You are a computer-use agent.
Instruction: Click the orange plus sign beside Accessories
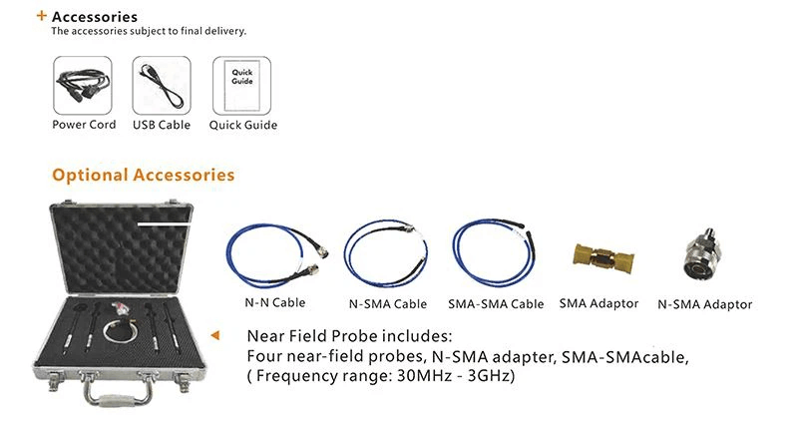click(x=42, y=16)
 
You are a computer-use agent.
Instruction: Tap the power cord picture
click(x=83, y=85)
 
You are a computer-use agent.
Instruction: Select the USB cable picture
click(x=163, y=86)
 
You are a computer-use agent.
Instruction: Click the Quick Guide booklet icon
click(x=242, y=85)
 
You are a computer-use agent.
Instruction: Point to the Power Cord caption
click(x=84, y=125)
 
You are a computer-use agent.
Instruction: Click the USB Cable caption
click(x=162, y=125)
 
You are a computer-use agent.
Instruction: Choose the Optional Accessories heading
click(x=143, y=176)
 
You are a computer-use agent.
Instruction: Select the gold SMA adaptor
click(x=603, y=258)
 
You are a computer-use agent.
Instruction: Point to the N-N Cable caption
click(x=275, y=303)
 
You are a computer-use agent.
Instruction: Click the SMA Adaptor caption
click(x=598, y=304)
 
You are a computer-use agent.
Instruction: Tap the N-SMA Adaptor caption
click(x=705, y=304)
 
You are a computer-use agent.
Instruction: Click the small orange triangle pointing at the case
click(x=215, y=335)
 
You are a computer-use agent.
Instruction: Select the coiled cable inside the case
click(x=121, y=332)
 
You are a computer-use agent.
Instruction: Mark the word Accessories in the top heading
click(x=95, y=17)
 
